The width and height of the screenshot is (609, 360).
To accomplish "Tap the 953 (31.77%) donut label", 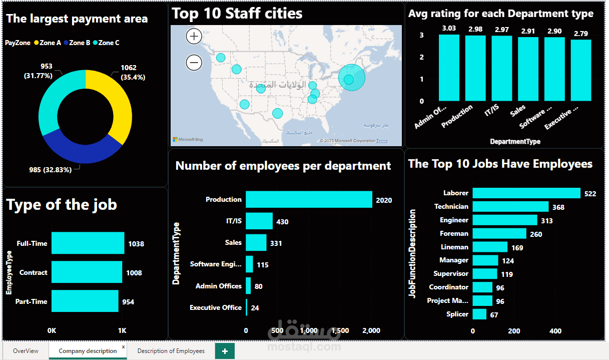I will (47, 71).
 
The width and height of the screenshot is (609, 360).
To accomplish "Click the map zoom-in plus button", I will (194, 36).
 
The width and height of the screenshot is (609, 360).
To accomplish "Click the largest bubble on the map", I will (352, 78).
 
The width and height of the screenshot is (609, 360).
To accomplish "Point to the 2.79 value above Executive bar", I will (581, 34).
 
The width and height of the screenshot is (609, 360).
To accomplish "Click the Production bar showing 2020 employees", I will (309, 199).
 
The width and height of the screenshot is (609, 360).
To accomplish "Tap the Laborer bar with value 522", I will (526, 193).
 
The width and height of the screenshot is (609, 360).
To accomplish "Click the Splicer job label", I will (457, 314).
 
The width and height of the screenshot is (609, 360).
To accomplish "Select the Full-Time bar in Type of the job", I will (88, 243).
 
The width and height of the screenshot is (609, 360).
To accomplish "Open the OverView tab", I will (26, 351).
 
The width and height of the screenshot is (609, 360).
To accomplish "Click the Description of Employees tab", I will (171, 351).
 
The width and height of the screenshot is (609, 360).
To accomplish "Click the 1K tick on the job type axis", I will (122, 331).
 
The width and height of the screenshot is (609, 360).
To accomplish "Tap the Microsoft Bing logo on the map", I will (188, 140).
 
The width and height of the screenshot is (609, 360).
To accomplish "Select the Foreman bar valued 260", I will (499, 233).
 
